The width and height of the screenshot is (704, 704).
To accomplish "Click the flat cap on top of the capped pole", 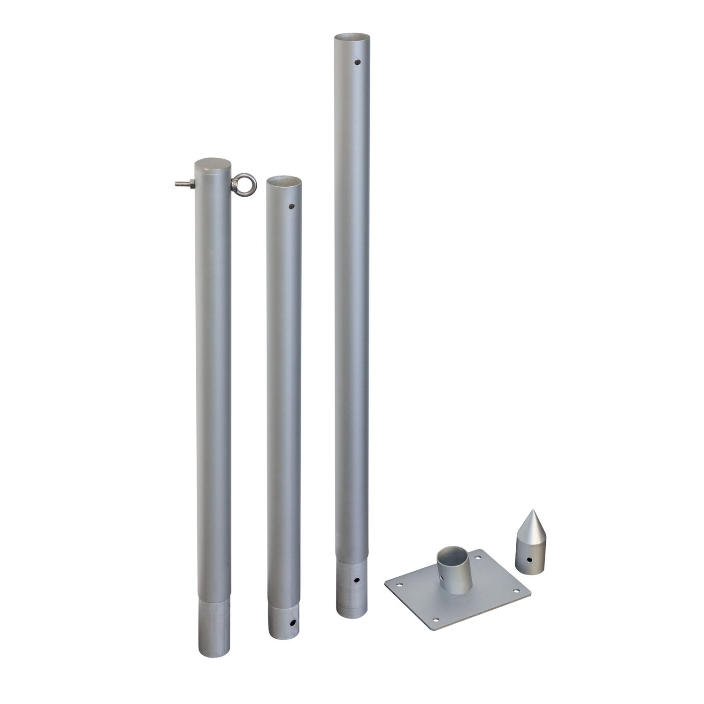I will pos(213,165).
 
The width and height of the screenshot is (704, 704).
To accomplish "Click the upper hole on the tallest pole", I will pos(358,61).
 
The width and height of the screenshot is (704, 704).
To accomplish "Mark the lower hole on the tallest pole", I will pos(358,581).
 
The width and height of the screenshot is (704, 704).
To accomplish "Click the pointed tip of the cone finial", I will pos(532,511).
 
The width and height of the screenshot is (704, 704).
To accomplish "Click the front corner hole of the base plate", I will pos(436,620).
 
